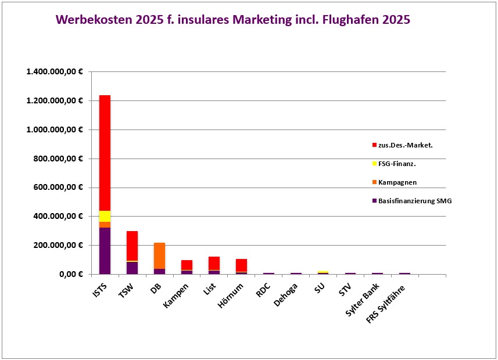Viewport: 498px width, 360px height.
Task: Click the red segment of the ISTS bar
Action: pos(105,153)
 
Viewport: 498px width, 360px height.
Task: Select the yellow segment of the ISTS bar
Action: pos(105,216)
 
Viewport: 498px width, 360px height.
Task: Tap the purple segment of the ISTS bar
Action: pos(105,250)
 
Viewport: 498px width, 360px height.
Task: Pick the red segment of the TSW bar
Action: pos(132,246)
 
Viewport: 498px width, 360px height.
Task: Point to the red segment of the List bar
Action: pos(214,263)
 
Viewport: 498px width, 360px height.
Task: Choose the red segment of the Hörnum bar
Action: pos(242,265)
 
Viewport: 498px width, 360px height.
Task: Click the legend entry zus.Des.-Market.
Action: pos(405,145)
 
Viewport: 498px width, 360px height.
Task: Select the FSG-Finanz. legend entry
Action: pos(397,164)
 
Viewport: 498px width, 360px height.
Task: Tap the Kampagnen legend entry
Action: pos(397,182)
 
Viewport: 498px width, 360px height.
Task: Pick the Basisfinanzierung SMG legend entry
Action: pos(415,201)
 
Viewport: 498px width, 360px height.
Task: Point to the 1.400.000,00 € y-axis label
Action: pos(55,72)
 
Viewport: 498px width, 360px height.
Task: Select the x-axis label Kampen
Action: pos(175,294)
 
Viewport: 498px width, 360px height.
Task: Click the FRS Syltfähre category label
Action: pos(386,304)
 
